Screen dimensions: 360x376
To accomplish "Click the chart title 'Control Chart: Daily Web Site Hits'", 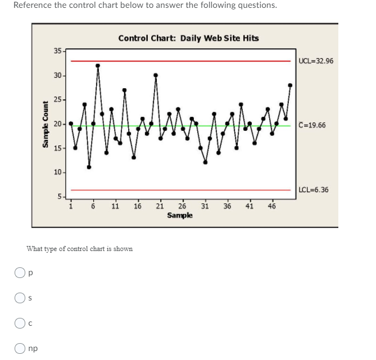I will click(189, 38).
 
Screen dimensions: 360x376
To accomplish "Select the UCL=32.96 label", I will click(316, 61).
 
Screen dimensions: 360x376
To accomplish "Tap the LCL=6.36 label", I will click(314, 190).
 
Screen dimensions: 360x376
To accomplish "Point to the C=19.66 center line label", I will click(312, 125).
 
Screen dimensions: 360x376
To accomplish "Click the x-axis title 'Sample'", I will click(179, 216).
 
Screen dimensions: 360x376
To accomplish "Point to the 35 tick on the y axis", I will click(58, 51).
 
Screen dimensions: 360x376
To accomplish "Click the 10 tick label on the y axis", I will click(58, 172).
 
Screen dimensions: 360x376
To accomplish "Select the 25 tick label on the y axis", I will click(58, 100).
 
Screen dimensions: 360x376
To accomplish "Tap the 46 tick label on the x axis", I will click(271, 206).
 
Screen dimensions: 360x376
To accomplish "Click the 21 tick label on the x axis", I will click(160, 206).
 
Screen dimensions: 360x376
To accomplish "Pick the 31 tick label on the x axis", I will click(205, 206).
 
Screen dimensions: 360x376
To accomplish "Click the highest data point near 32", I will click(98, 66).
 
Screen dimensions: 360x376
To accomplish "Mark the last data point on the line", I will click(290, 85).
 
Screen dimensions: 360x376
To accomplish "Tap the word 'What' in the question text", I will click(34, 249).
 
